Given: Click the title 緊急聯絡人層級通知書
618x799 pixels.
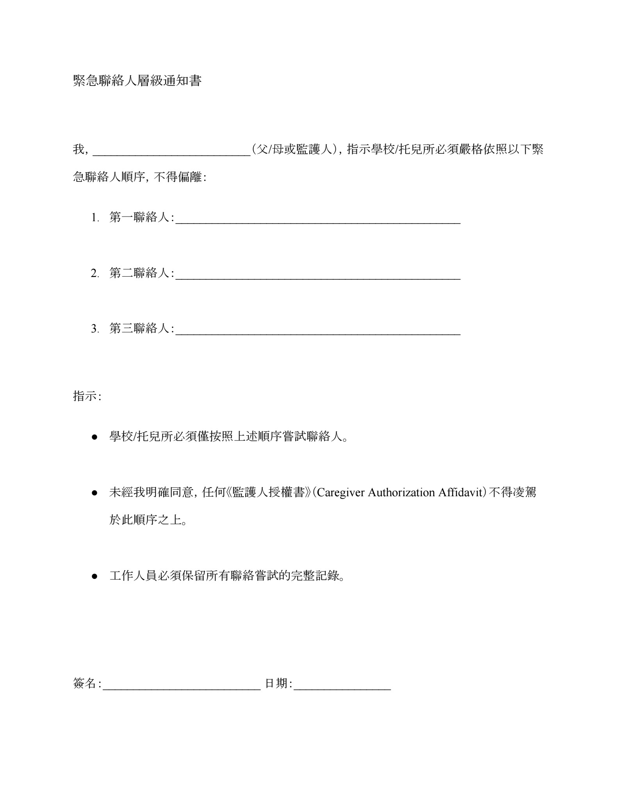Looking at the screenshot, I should click(x=137, y=81).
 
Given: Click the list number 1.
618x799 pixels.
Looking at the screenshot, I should click(x=94, y=218).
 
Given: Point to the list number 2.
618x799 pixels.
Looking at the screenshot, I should click(x=94, y=273).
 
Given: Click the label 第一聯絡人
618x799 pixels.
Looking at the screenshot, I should click(x=139, y=217).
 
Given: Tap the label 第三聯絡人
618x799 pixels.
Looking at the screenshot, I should click(x=139, y=328).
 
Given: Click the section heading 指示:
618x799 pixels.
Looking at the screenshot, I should click(x=87, y=396).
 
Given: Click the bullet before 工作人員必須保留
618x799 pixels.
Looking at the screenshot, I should click(x=94, y=576).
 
